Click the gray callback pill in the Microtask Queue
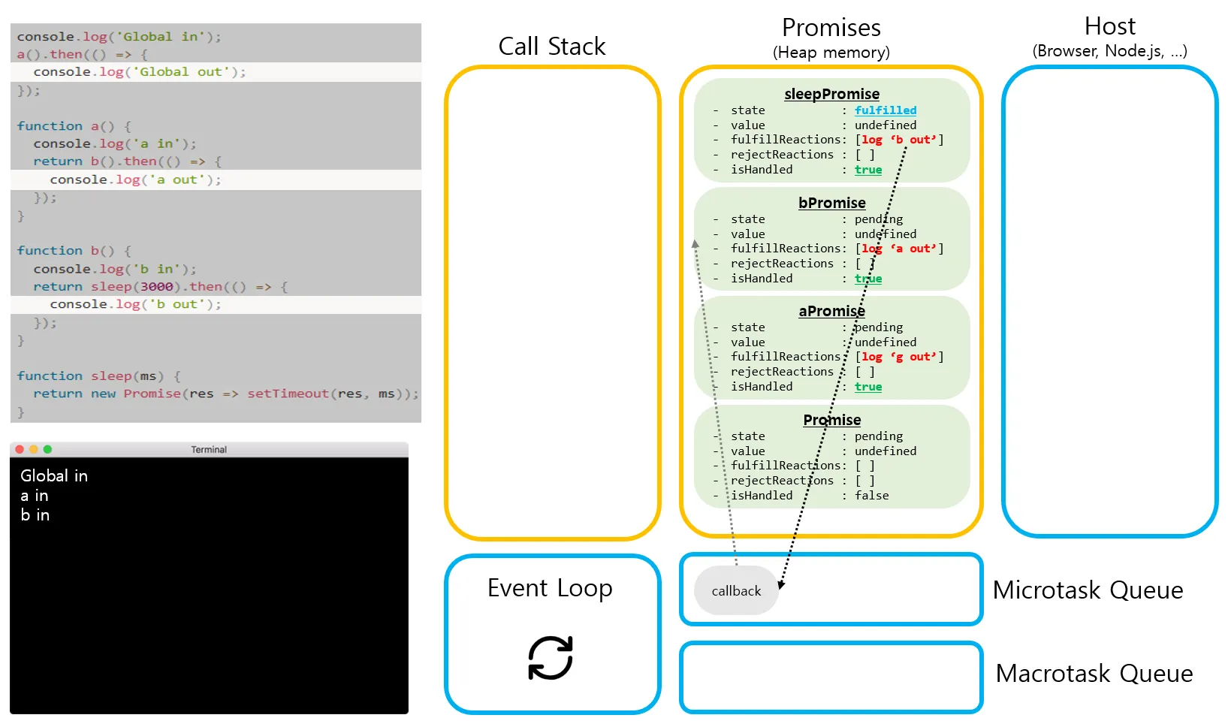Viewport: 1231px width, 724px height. pyautogui.click(x=736, y=591)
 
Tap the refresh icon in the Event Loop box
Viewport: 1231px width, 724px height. pyautogui.click(x=551, y=658)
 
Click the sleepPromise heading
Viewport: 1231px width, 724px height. pyautogui.click(x=831, y=94)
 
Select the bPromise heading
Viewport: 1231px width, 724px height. pyautogui.click(x=831, y=203)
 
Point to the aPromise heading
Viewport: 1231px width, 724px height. pyautogui.click(x=831, y=311)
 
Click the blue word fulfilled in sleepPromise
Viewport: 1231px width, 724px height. pyautogui.click(x=885, y=110)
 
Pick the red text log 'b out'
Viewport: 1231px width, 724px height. pyautogui.click(x=899, y=140)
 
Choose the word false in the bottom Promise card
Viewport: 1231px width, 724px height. pyautogui.click(x=871, y=496)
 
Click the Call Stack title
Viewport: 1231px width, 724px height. pyautogui.click(x=551, y=47)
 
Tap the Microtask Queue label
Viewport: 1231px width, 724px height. pyautogui.click(x=1087, y=590)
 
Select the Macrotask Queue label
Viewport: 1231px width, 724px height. pyautogui.click(x=1094, y=674)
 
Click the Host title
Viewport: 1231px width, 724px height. pyautogui.click(x=1109, y=27)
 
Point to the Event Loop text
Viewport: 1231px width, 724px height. pyautogui.click(x=550, y=588)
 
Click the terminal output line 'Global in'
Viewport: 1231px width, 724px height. pyautogui.click(x=54, y=476)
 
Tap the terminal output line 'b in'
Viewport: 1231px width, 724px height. pyautogui.click(x=35, y=515)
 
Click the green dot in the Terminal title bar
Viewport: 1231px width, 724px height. pyautogui.click(x=47, y=449)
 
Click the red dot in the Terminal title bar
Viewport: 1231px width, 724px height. pyautogui.click(x=20, y=449)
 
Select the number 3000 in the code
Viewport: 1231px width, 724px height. pyautogui.click(x=156, y=287)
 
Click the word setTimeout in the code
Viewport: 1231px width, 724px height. pyautogui.click(x=288, y=394)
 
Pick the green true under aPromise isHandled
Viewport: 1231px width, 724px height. pyautogui.click(x=867, y=387)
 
